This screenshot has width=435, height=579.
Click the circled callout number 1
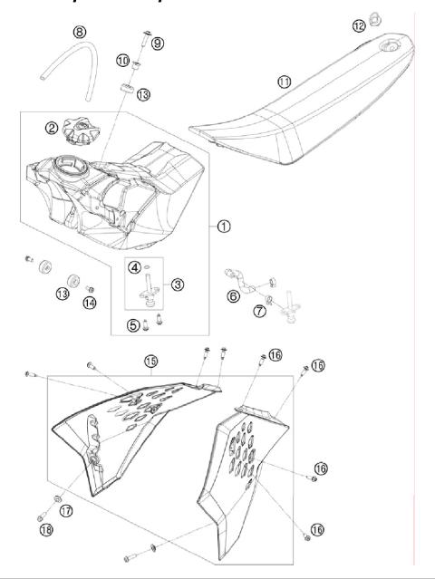coord(223,227)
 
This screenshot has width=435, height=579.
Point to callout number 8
coord(80,32)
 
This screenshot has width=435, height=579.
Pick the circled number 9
coord(158,43)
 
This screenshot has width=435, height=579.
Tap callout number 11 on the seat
coord(285,82)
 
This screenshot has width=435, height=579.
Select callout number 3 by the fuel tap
coord(178,285)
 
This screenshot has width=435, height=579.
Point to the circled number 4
coord(134,267)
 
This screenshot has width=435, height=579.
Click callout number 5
coord(134,324)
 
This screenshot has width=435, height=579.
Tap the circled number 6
coord(233,295)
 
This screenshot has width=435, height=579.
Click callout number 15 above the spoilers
coord(151,362)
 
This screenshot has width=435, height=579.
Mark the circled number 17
coord(65,511)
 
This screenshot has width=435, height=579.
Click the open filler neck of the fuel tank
coord(69,168)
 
